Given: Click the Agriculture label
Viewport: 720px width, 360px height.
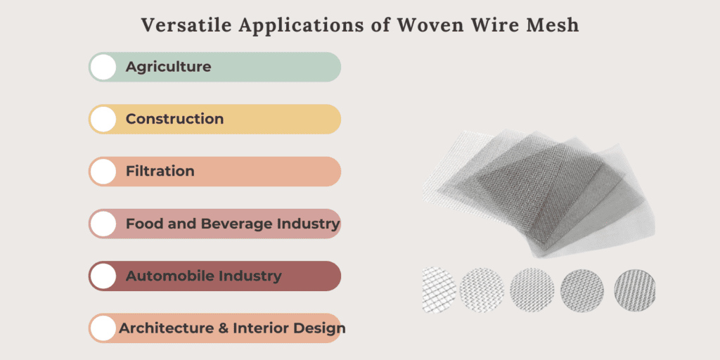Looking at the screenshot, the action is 169,67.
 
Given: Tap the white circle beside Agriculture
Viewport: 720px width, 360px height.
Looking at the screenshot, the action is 103,67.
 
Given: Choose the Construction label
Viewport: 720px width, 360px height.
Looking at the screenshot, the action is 174,119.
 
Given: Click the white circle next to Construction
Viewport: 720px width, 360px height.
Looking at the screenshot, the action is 103,120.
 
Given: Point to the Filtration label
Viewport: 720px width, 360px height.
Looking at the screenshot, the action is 160,172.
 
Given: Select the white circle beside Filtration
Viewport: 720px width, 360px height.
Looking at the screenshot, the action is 103,172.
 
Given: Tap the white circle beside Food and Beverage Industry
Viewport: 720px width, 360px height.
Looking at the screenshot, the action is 103,224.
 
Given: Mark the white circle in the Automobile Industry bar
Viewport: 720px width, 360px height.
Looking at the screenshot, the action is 103,276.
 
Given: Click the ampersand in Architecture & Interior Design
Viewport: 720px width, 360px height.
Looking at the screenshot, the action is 224,328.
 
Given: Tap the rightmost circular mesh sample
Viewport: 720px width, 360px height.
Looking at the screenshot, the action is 636,291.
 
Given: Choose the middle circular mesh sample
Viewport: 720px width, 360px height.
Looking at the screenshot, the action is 532,291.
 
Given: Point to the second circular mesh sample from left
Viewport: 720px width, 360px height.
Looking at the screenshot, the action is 482,291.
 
